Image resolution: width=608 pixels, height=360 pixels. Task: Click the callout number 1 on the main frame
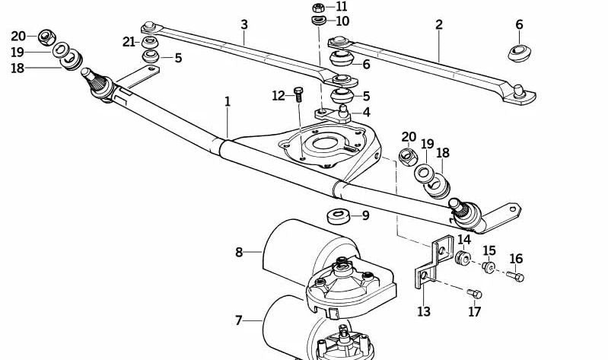(x=226, y=100)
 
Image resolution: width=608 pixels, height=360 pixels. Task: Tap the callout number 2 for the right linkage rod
(x=439, y=24)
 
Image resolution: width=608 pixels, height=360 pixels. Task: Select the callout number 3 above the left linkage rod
(x=244, y=24)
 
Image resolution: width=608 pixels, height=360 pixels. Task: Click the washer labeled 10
(x=319, y=21)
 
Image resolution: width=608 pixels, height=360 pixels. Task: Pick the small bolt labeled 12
(x=298, y=95)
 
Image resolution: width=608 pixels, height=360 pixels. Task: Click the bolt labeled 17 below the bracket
(x=473, y=294)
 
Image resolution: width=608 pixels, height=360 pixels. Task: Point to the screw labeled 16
(x=515, y=276)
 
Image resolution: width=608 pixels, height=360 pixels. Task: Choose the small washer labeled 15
(x=489, y=267)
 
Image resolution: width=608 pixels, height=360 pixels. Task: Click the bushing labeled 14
(x=461, y=258)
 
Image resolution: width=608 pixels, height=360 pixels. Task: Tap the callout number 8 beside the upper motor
(x=239, y=251)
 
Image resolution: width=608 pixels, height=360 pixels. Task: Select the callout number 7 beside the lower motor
(x=238, y=321)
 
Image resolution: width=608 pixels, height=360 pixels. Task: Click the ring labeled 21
(x=150, y=41)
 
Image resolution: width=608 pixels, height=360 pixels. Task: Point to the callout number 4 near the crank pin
(x=366, y=112)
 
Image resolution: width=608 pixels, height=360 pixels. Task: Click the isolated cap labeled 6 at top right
(x=519, y=53)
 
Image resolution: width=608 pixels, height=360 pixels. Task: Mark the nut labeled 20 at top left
(x=46, y=36)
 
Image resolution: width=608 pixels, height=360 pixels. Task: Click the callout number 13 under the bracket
(x=424, y=311)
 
